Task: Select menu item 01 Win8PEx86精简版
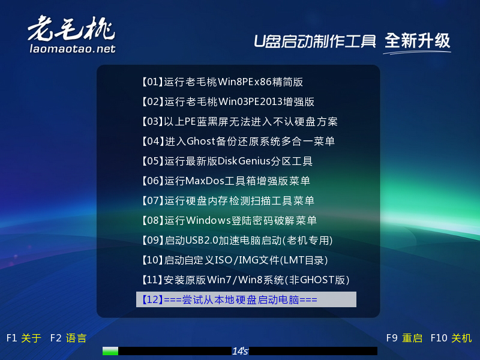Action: pyautogui.click(x=222, y=82)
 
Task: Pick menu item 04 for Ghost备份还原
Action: pyautogui.click(x=238, y=142)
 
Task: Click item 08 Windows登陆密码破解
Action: pyautogui.click(x=229, y=220)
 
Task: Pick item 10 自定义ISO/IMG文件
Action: pyautogui.click(x=234, y=260)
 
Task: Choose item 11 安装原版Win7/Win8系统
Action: pyautogui.click(x=245, y=280)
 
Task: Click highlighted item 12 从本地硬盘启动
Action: pyautogui.click(x=246, y=299)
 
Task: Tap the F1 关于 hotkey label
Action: pyautogui.click(x=23, y=338)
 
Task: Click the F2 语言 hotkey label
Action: pyautogui.click(x=68, y=338)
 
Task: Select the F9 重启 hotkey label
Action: pyautogui.click(x=404, y=338)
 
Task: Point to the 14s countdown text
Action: pyautogui.click(x=240, y=351)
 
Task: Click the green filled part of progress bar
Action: pyautogui.click(x=110, y=351)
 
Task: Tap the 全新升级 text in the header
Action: pyautogui.click(x=418, y=41)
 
